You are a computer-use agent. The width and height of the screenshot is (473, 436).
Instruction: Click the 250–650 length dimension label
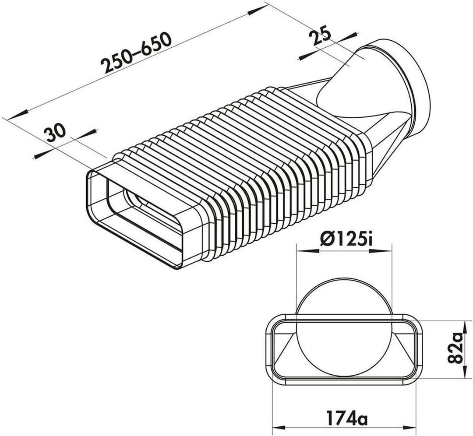pos(137,53)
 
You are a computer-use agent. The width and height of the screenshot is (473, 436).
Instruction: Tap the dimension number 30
pos(55,133)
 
